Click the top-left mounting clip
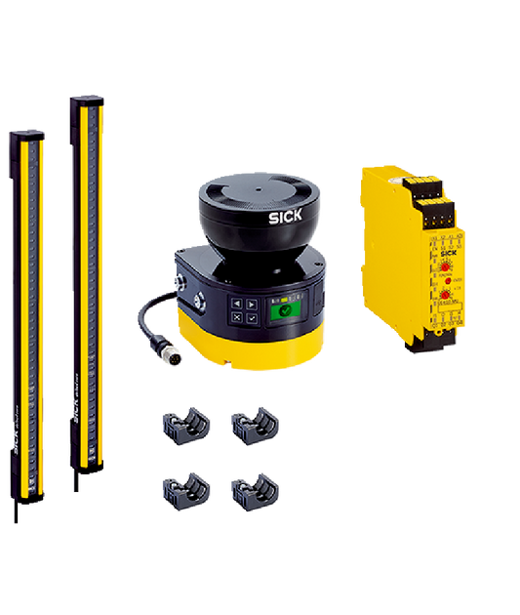tap(185, 423)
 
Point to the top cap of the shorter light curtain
tap(26, 133)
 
